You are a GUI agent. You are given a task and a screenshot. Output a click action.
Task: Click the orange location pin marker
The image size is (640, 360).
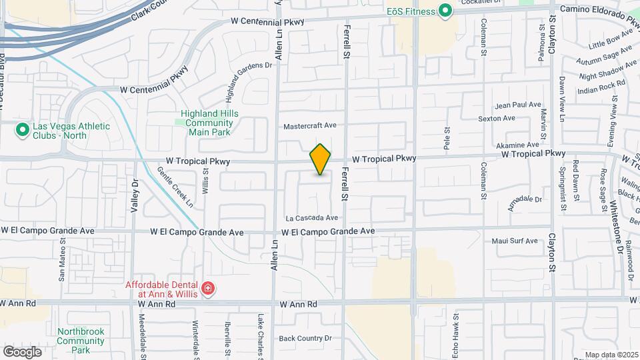click(x=320, y=159)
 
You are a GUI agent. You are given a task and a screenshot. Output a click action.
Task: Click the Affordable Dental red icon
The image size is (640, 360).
click(x=209, y=288)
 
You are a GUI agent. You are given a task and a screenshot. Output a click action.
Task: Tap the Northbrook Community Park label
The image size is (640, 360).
click(x=81, y=340)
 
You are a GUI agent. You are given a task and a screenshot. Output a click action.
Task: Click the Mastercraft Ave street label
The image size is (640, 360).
click(x=310, y=125)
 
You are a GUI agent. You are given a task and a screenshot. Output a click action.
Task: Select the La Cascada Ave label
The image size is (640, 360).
click(x=312, y=218)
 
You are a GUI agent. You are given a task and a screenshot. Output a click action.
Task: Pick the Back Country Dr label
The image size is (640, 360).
click(x=305, y=338)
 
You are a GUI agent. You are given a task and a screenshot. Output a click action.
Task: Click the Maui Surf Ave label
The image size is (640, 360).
click(x=515, y=241)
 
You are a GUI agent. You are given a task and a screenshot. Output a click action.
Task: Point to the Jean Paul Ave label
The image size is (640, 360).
click(x=518, y=105)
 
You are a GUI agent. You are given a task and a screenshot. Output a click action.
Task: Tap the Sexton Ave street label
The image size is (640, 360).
click(x=516, y=118)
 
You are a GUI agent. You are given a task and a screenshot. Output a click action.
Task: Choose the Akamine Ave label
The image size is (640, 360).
click(x=517, y=145)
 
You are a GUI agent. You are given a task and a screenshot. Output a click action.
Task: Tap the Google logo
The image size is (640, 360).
click(x=22, y=351)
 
